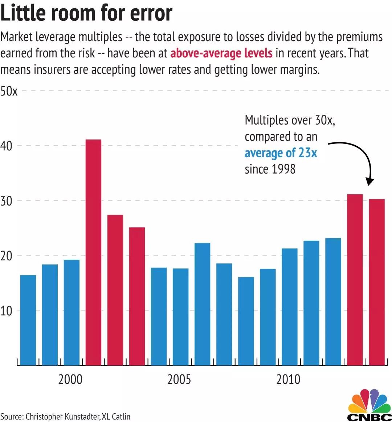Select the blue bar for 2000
(x=72, y=312)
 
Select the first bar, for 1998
(x=28, y=320)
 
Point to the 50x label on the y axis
(x=9, y=91)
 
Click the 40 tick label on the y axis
(x=6, y=146)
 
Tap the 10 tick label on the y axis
(x=6, y=311)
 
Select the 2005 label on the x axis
(x=179, y=380)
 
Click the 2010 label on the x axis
(x=288, y=380)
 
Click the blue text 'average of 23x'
(x=281, y=153)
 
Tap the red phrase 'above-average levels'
(x=221, y=53)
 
